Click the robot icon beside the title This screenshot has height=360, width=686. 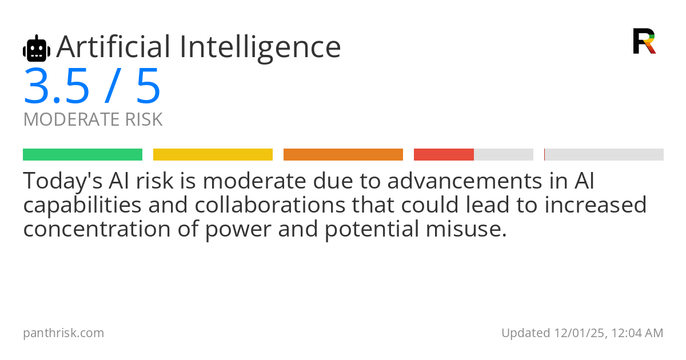(37, 49)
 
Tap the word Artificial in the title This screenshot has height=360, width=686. (113, 47)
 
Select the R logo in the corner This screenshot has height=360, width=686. (644, 41)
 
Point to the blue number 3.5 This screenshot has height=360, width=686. (57, 87)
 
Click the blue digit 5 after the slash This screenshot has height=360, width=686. (148, 87)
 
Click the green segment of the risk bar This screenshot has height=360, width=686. (82, 155)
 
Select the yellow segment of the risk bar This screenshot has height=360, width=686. (213, 155)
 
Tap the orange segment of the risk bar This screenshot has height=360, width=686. (343, 155)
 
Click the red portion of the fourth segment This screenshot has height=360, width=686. (444, 155)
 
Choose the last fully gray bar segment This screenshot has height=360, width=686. (604, 155)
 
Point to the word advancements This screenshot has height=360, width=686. (455, 181)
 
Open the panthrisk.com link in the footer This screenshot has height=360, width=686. (63, 333)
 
